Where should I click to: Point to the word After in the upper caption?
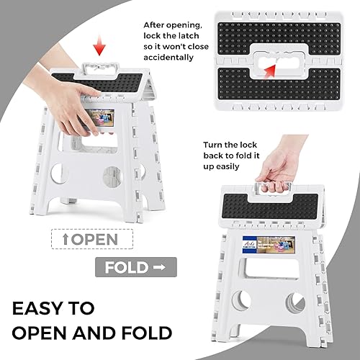pos(156,23)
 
